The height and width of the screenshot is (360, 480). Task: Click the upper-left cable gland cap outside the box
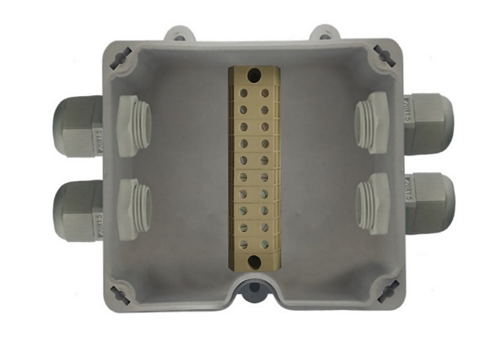pyautogui.click(x=77, y=125)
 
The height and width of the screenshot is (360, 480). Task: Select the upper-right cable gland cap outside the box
pyautogui.click(x=429, y=123)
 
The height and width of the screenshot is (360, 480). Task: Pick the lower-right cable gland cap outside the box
pyautogui.click(x=430, y=203)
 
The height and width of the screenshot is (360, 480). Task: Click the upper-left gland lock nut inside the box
pyautogui.click(x=133, y=126)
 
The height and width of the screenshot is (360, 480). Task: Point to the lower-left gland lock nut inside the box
pyautogui.click(x=133, y=209)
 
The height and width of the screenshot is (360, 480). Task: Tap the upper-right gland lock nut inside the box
pyautogui.click(x=372, y=122)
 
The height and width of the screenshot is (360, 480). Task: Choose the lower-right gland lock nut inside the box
pyautogui.click(x=372, y=203)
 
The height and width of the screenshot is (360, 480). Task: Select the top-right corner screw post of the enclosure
pyautogui.click(x=384, y=56)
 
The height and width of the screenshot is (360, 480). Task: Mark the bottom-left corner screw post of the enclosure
pyautogui.click(x=119, y=293)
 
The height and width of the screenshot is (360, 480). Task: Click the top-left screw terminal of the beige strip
pyautogui.click(x=244, y=94)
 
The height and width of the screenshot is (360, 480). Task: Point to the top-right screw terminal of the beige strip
pyautogui.click(x=265, y=94)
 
